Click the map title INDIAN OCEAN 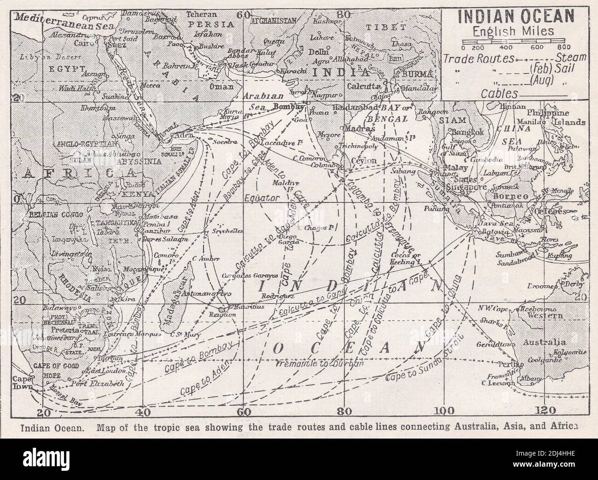click(513, 17)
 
